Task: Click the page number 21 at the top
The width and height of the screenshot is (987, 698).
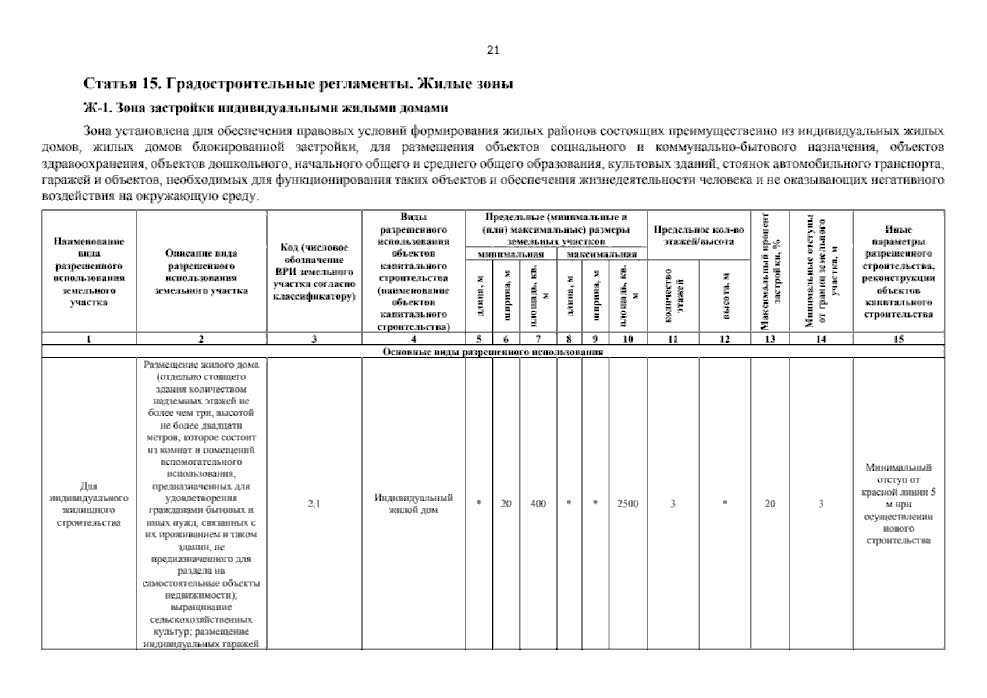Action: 492,50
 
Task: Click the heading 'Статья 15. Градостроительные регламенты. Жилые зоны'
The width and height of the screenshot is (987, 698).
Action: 299,84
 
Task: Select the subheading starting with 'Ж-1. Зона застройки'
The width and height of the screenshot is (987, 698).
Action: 266,108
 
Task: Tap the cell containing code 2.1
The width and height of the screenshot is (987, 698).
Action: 314,504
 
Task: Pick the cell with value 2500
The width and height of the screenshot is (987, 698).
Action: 627,504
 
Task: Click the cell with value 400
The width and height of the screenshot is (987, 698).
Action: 538,504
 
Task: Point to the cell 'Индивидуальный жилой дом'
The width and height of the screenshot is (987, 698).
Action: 413,504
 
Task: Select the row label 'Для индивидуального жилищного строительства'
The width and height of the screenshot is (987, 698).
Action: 88,504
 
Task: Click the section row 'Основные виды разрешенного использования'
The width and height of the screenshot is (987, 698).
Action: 492,352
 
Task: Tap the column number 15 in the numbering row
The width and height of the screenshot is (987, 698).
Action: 898,339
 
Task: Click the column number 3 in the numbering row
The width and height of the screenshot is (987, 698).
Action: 314,339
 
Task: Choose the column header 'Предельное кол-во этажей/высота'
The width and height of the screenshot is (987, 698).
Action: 698,236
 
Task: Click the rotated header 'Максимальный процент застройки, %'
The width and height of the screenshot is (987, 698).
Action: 769,272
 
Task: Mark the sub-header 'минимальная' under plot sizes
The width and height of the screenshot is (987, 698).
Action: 510,254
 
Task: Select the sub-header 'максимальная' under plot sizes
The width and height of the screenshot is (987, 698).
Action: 601,254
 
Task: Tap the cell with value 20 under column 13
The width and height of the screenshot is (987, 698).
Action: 769,504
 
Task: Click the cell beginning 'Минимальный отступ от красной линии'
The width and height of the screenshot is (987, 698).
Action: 898,504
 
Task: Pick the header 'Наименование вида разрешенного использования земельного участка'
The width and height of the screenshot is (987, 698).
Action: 88,272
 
